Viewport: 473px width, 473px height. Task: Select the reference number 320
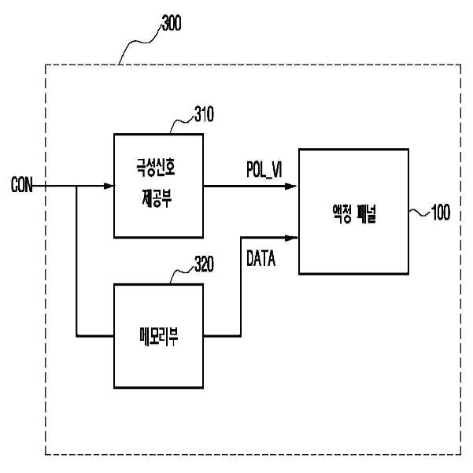(204, 268)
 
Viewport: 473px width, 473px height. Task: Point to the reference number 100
(440, 213)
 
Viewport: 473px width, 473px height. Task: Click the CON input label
(22, 187)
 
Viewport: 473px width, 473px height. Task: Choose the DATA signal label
(261, 259)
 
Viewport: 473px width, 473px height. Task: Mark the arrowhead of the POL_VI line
(293, 187)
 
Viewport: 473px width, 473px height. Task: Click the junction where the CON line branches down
(76, 187)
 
